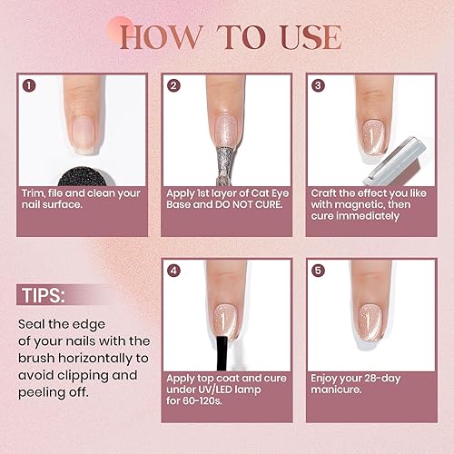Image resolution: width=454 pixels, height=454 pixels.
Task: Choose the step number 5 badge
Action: tap(318, 270)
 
